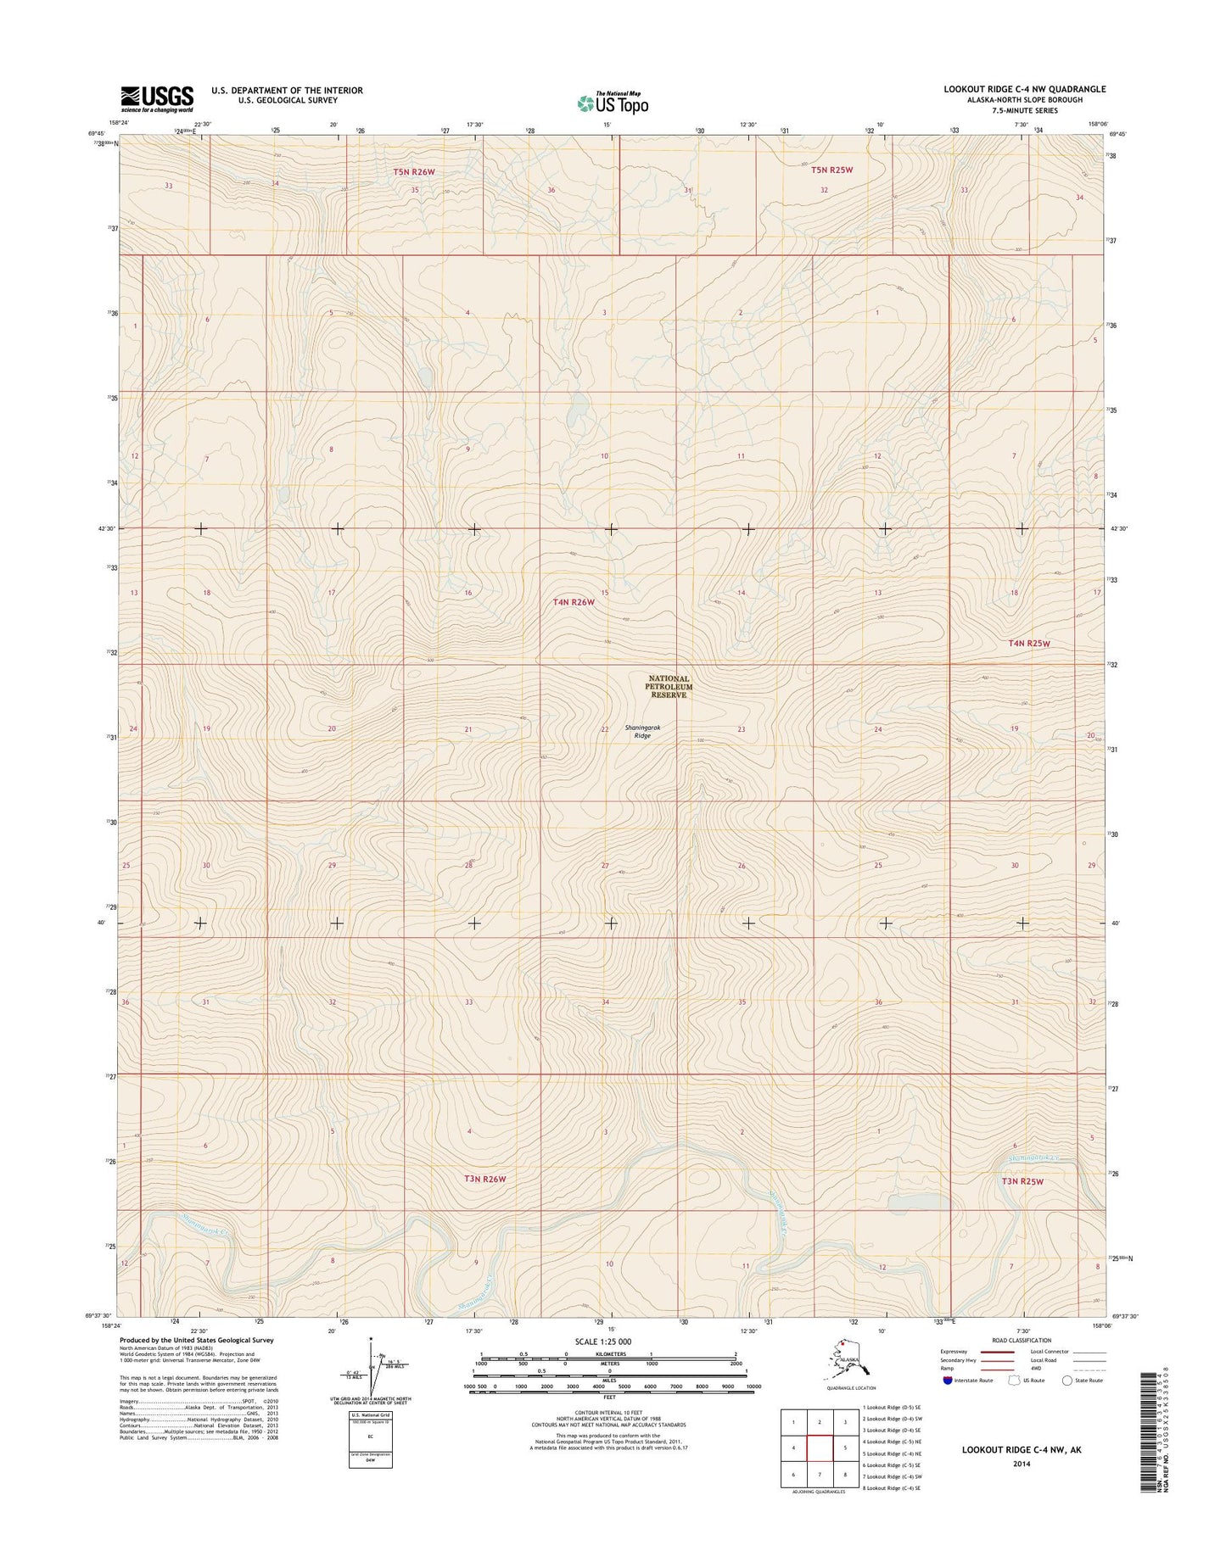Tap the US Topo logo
click(x=613, y=102)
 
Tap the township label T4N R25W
click(x=1029, y=644)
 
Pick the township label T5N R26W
click(x=414, y=171)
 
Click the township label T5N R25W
click(x=831, y=170)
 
